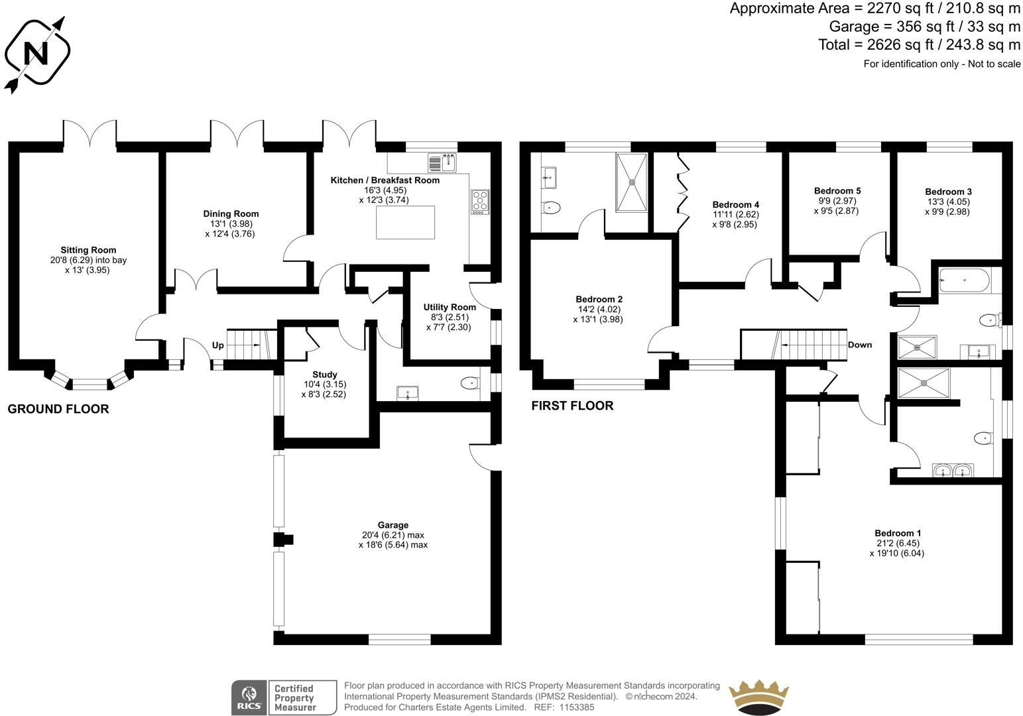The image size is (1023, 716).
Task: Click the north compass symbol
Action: coord(37,52)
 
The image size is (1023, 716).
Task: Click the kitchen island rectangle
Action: coord(406,222)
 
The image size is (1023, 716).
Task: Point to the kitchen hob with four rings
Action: coord(479,202)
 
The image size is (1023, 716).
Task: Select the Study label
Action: coord(324,375)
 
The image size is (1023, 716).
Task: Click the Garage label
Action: coord(393,525)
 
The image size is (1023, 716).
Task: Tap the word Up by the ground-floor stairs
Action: coord(217,345)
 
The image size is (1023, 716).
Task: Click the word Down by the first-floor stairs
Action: coord(860,345)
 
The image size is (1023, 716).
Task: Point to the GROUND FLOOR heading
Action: coord(58,409)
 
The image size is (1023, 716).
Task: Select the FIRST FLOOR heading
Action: coord(572,406)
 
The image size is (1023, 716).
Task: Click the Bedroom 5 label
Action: coord(837,191)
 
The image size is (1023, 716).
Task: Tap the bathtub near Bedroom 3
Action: coord(964,282)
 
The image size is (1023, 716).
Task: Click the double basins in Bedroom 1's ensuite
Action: coord(953,471)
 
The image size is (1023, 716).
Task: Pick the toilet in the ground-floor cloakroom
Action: coord(470,383)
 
